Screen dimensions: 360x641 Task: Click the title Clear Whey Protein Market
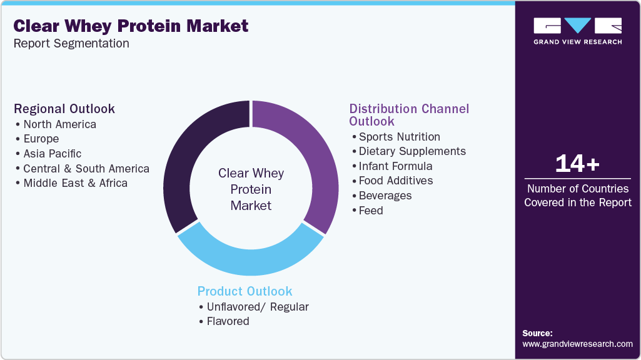(131, 26)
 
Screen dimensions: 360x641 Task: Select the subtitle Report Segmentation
(71, 43)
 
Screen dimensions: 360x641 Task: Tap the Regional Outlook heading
(64, 109)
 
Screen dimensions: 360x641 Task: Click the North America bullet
(59, 124)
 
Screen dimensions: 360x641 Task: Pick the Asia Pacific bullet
(52, 154)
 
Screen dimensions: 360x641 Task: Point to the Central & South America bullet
(86, 169)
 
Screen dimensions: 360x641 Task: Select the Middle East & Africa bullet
(75, 183)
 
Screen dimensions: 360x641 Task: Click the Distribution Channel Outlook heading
(409, 114)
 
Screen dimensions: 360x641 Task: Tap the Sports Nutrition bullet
(399, 137)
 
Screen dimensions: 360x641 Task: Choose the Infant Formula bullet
(395, 166)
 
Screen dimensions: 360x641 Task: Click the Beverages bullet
(385, 196)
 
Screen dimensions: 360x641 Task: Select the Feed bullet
(370, 211)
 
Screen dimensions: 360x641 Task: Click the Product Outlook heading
(245, 291)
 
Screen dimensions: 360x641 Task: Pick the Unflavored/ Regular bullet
(257, 307)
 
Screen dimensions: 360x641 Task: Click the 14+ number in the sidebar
(577, 164)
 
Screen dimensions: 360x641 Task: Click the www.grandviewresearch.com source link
(577, 344)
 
